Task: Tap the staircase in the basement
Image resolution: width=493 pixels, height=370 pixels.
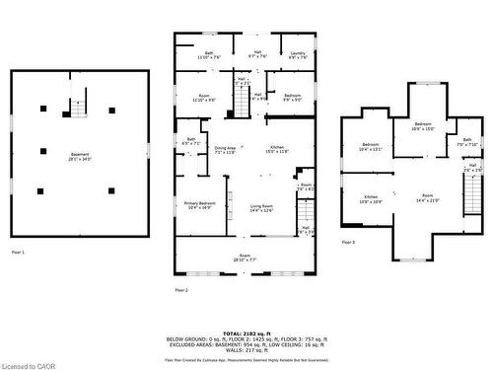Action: [76, 108]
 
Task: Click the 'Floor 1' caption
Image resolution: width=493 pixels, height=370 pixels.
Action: [19, 253]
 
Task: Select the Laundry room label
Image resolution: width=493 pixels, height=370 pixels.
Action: [298, 55]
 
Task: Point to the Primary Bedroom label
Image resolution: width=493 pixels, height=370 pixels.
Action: [200, 205]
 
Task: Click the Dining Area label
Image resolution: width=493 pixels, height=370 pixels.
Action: [226, 150]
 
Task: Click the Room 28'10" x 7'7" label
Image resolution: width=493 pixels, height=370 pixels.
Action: [245, 259]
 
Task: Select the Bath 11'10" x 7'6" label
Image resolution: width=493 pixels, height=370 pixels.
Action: [209, 55]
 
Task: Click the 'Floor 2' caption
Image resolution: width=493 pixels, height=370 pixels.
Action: [180, 290]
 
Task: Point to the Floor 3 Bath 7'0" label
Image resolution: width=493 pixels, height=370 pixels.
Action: [468, 142]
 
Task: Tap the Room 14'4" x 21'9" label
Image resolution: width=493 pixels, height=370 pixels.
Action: [427, 199]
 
